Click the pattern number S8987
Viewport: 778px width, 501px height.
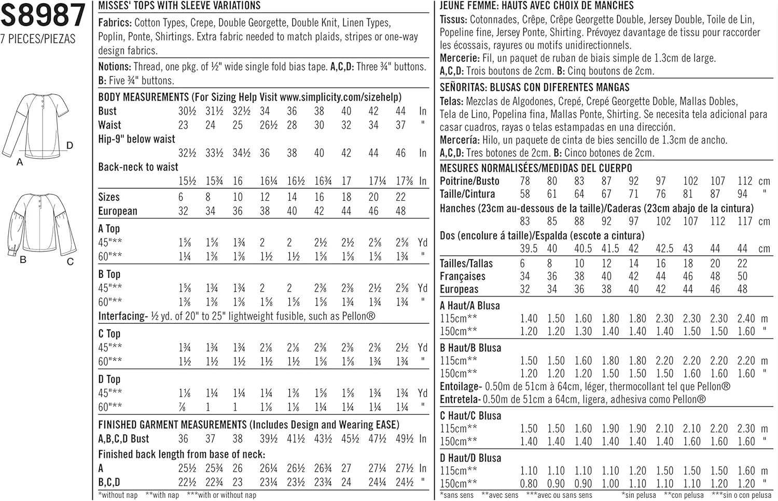pos(43,16)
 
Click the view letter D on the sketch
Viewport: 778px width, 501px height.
pos(70,146)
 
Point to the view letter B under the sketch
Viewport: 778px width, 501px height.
pos(23,259)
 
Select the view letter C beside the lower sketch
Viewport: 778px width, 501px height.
pos(70,261)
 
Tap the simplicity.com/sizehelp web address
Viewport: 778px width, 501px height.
pos(340,97)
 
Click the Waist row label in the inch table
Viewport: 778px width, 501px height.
pos(109,125)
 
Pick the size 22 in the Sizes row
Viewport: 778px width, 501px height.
pos(400,197)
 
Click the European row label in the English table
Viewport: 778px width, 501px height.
pos(118,211)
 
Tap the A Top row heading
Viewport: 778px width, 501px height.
pos(109,228)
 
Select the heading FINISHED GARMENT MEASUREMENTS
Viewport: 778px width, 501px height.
pos(172,425)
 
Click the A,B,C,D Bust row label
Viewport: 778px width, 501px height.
pos(123,439)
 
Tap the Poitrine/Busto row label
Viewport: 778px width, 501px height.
pos(469,181)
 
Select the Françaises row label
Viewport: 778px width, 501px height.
pos(462,276)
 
